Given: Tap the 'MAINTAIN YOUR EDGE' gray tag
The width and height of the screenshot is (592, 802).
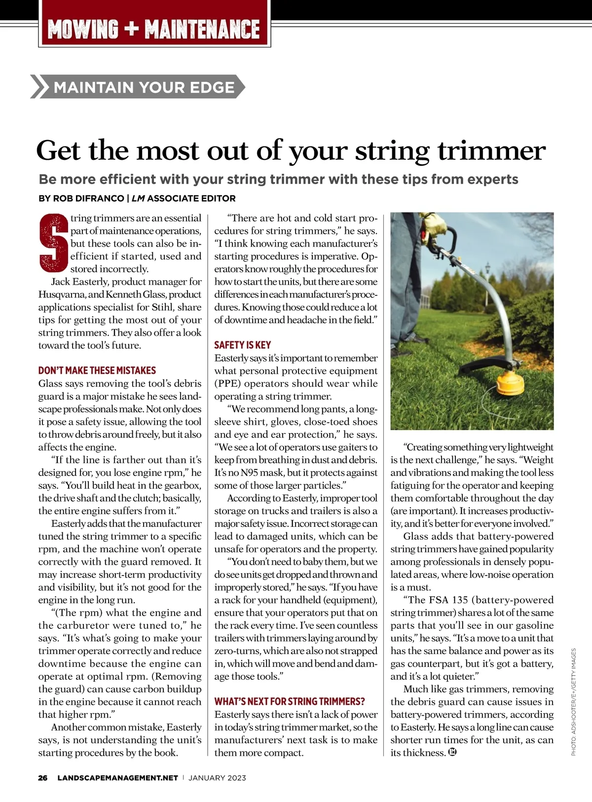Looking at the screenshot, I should click(x=143, y=87).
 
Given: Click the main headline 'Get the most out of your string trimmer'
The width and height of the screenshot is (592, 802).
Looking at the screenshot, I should click(x=291, y=150).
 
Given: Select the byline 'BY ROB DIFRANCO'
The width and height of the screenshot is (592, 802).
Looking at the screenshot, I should click(x=81, y=198).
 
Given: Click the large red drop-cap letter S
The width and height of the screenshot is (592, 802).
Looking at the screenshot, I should click(x=53, y=243).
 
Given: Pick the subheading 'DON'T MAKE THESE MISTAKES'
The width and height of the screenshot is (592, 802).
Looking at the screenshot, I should click(x=97, y=370).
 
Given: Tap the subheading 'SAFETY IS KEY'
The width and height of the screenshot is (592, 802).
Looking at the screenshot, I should click(x=242, y=345).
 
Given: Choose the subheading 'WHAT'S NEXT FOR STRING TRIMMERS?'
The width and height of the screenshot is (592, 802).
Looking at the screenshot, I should click(x=290, y=701).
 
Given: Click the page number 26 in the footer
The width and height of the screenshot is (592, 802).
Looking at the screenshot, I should click(x=43, y=778).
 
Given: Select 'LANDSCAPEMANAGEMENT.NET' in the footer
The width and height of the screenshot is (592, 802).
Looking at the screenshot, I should click(x=117, y=778).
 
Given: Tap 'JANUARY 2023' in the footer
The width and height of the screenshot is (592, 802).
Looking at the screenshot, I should click(x=217, y=778).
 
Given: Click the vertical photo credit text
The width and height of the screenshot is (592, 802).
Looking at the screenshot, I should click(x=574, y=702).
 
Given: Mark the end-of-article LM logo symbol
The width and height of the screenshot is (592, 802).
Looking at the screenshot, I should click(x=452, y=752).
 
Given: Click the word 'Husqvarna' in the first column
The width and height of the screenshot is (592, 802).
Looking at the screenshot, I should click(x=62, y=294).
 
